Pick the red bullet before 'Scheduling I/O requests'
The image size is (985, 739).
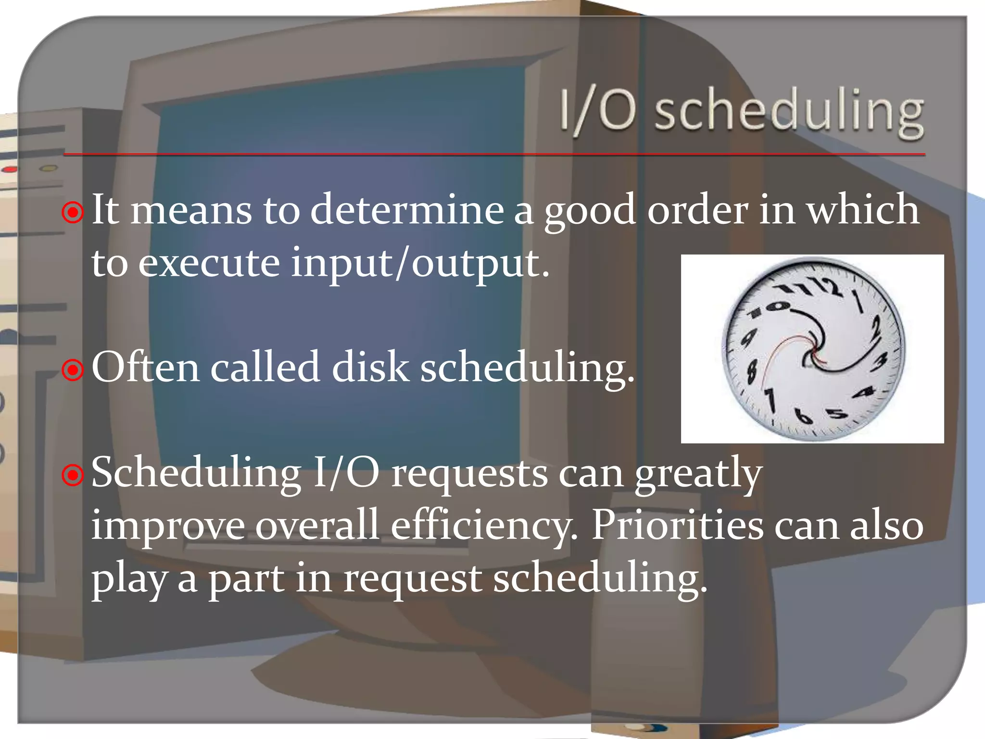[73, 475]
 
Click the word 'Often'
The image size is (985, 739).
[145, 368]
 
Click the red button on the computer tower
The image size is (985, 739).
[10, 170]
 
